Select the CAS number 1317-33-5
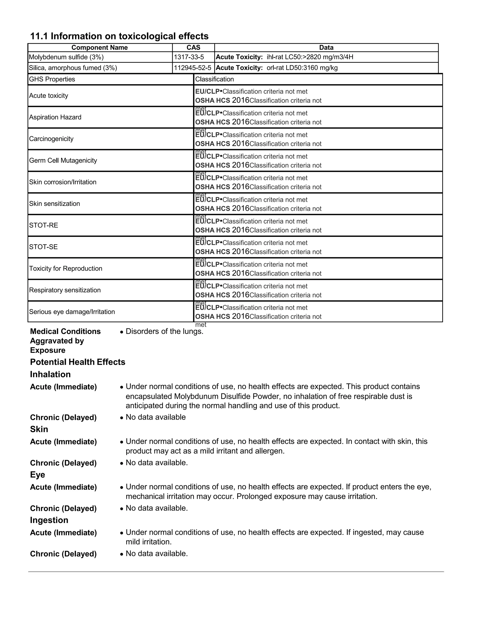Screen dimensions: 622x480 click(x=189, y=57)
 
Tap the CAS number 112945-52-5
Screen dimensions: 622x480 click(x=192, y=68)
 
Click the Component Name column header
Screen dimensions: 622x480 click(x=100, y=48)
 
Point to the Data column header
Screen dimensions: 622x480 click(x=326, y=48)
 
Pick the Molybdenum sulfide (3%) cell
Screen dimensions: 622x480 click(x=66, y=57)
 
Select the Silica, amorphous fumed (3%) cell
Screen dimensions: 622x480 click(x=73, y=68)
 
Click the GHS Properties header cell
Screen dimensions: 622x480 click(x=52, y=79)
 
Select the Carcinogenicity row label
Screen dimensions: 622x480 click(x=51, y=139)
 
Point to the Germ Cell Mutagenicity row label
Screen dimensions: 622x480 click(x=63, y=160)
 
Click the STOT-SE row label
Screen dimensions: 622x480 click(x=43, y=247)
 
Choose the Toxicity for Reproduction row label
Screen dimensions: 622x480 click(x=65, y=268)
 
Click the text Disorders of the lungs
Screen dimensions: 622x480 click(x=164, y=331)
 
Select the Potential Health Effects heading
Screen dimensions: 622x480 click(x=78, y=362)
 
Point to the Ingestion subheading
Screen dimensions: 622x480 click(x=49, y=520)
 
